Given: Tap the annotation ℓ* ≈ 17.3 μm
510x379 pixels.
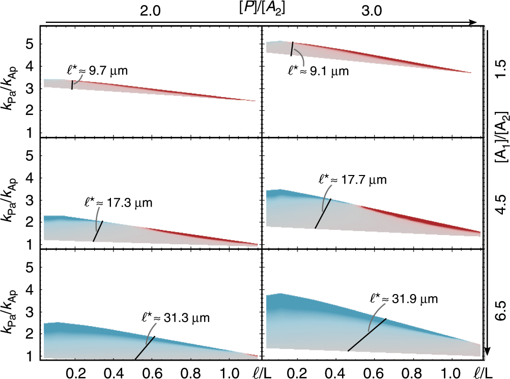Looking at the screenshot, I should pos(118,202).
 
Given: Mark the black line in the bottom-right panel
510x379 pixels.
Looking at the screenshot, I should pos(367,335).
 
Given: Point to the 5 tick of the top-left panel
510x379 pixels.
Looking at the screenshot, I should pos(29,44).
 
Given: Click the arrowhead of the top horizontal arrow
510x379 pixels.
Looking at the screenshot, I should pos(473,22).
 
